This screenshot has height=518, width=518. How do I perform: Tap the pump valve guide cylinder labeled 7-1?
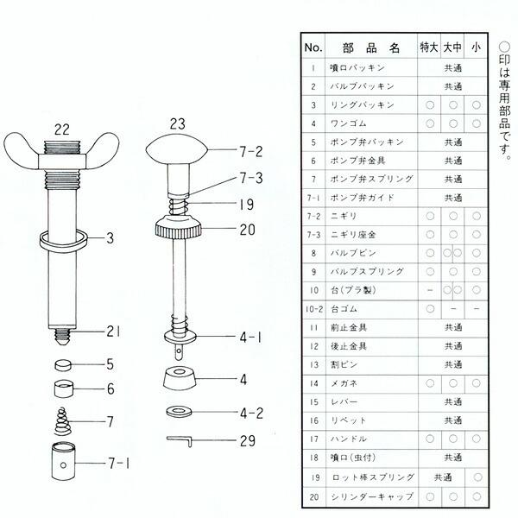[61, 463]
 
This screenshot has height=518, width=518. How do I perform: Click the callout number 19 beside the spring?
[245, 205]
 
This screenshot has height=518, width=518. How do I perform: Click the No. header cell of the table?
[312, 47]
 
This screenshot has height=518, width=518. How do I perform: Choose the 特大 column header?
[429, 47]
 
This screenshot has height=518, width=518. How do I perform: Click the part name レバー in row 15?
[342, 401]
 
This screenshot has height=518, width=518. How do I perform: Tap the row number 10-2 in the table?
[312, 308]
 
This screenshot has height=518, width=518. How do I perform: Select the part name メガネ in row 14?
[342, 382]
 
